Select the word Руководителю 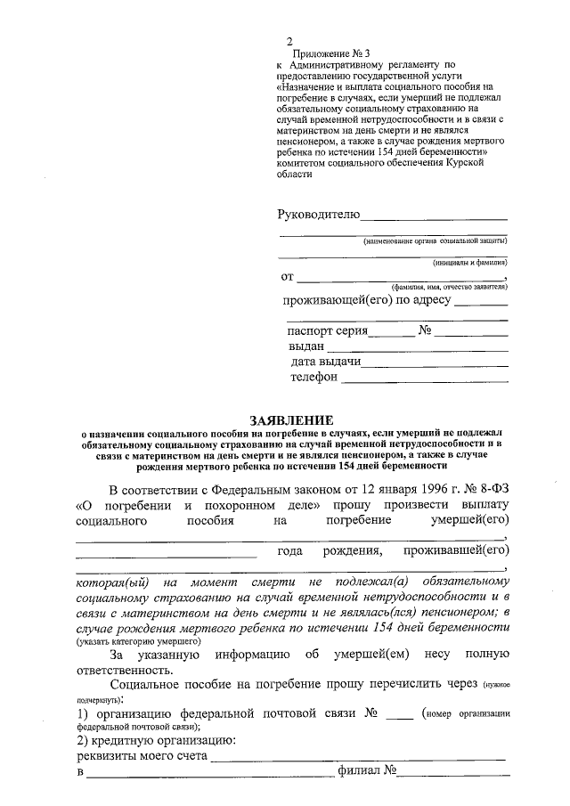(x=318, y=214)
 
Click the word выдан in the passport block (x=305, y=346)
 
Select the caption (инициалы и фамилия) (x=470, y=263)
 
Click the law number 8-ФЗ (x=488, y=489)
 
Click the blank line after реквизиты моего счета (x=357, y=759)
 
